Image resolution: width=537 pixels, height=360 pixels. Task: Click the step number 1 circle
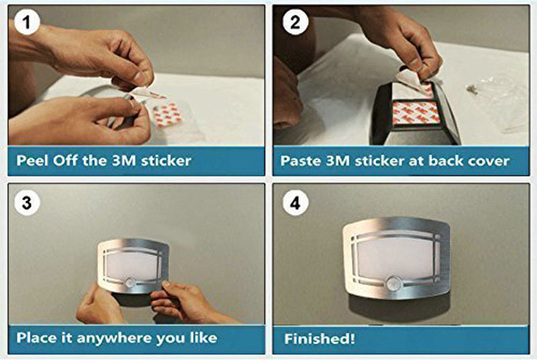[x=27, y=22]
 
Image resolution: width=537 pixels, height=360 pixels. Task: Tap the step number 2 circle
[x=295, y=22]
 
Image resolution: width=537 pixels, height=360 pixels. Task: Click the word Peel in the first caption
[x=32, y=161]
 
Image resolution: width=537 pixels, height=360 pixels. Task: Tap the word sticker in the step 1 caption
[x=166, y=161]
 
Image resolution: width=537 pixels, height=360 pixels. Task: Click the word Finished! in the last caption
[x=320, y=339]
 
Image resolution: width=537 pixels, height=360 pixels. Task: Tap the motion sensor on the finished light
[x=394, y=283]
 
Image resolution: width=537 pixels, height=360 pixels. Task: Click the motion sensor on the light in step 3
[x=130, y=283]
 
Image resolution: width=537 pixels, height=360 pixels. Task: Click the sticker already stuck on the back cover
[x=415, y=112]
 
